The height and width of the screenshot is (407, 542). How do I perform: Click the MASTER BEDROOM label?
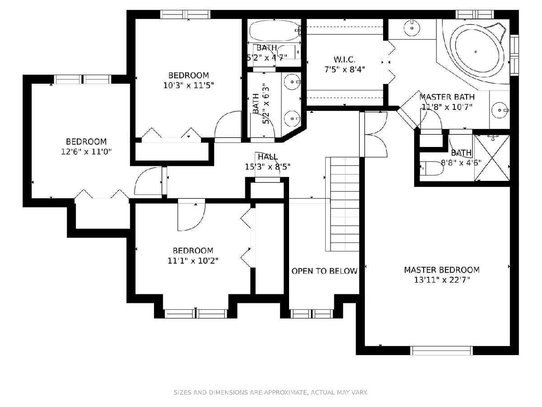pos(442,270)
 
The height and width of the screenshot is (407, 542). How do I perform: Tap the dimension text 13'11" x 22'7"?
pos(442,280)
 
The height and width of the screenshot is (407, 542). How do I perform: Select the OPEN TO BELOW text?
pos(324,271)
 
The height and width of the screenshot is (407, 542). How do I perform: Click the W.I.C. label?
pos(345,60)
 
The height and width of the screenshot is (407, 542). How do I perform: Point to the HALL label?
pos(268,156)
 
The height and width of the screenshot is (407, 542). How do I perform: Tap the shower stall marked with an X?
pos(492,158)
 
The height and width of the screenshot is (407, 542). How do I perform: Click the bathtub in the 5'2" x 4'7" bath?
pos(274,31)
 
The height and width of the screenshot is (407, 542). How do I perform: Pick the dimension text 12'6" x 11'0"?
pos(86,151)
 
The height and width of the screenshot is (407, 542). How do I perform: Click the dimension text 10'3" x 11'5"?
pos(188,85)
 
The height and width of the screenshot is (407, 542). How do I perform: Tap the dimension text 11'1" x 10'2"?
pos(193,261)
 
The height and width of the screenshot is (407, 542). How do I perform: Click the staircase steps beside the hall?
pos(342,204)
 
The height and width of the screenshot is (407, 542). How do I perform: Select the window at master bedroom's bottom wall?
pos(441,350)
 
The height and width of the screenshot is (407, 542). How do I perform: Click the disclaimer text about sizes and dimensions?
pos(271,393)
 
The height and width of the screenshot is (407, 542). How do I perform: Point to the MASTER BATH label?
pos(447,97)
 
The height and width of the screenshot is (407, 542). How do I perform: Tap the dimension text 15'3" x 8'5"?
pos(267,167)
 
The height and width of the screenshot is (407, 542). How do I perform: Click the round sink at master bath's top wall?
pos(411,28)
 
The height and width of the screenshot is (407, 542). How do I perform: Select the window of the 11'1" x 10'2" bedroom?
pos(196,314)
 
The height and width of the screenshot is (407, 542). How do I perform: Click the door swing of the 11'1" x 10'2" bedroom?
pos(192,215)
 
